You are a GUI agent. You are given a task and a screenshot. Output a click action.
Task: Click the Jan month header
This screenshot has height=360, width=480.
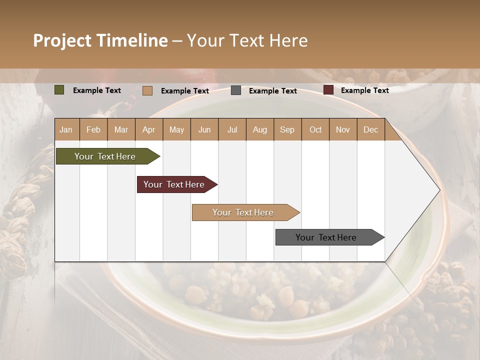tap(66, 129)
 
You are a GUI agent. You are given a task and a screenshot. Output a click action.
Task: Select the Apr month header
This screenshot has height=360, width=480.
tap(148, 129)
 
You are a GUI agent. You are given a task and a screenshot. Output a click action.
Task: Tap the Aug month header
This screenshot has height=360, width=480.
tap(259, 129)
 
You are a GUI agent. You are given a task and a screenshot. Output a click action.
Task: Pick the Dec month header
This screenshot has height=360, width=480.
tap(370, 129)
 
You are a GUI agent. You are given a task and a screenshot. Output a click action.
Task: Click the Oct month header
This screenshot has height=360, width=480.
tap(315, 129)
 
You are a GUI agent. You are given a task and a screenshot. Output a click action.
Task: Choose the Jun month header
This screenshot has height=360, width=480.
tap(204, 129)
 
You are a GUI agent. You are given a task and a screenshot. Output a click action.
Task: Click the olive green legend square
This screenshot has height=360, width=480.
tap(59, 90)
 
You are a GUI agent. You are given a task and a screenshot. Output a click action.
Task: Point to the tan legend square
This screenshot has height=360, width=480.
tap(147, 90)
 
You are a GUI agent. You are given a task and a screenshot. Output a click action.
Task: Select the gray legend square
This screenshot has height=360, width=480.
tap(236, 90)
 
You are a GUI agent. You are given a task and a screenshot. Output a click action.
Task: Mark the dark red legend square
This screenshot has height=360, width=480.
tap(328, 90)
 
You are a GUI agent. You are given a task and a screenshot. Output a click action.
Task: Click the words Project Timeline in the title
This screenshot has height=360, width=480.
tap(100, 40)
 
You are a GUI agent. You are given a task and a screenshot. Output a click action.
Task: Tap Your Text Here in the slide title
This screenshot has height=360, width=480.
tap(247, 40)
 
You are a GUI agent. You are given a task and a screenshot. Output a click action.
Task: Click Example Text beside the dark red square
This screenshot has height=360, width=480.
tap(364, 90)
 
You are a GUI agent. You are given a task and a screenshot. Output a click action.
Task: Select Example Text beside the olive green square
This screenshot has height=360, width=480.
tap(96, 90)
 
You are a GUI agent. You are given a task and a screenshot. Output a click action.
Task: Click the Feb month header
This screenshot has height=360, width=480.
tap(93, 129)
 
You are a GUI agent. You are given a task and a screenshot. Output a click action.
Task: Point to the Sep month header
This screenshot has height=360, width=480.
tap(287, 129)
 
